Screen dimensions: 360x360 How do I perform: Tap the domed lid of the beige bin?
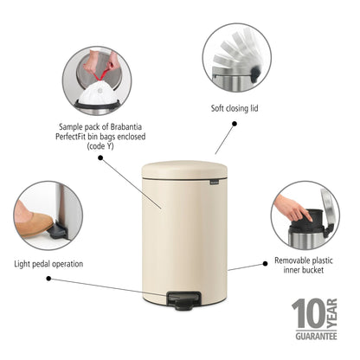184,171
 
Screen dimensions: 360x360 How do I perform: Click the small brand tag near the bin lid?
212,183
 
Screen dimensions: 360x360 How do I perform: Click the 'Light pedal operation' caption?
48,263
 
